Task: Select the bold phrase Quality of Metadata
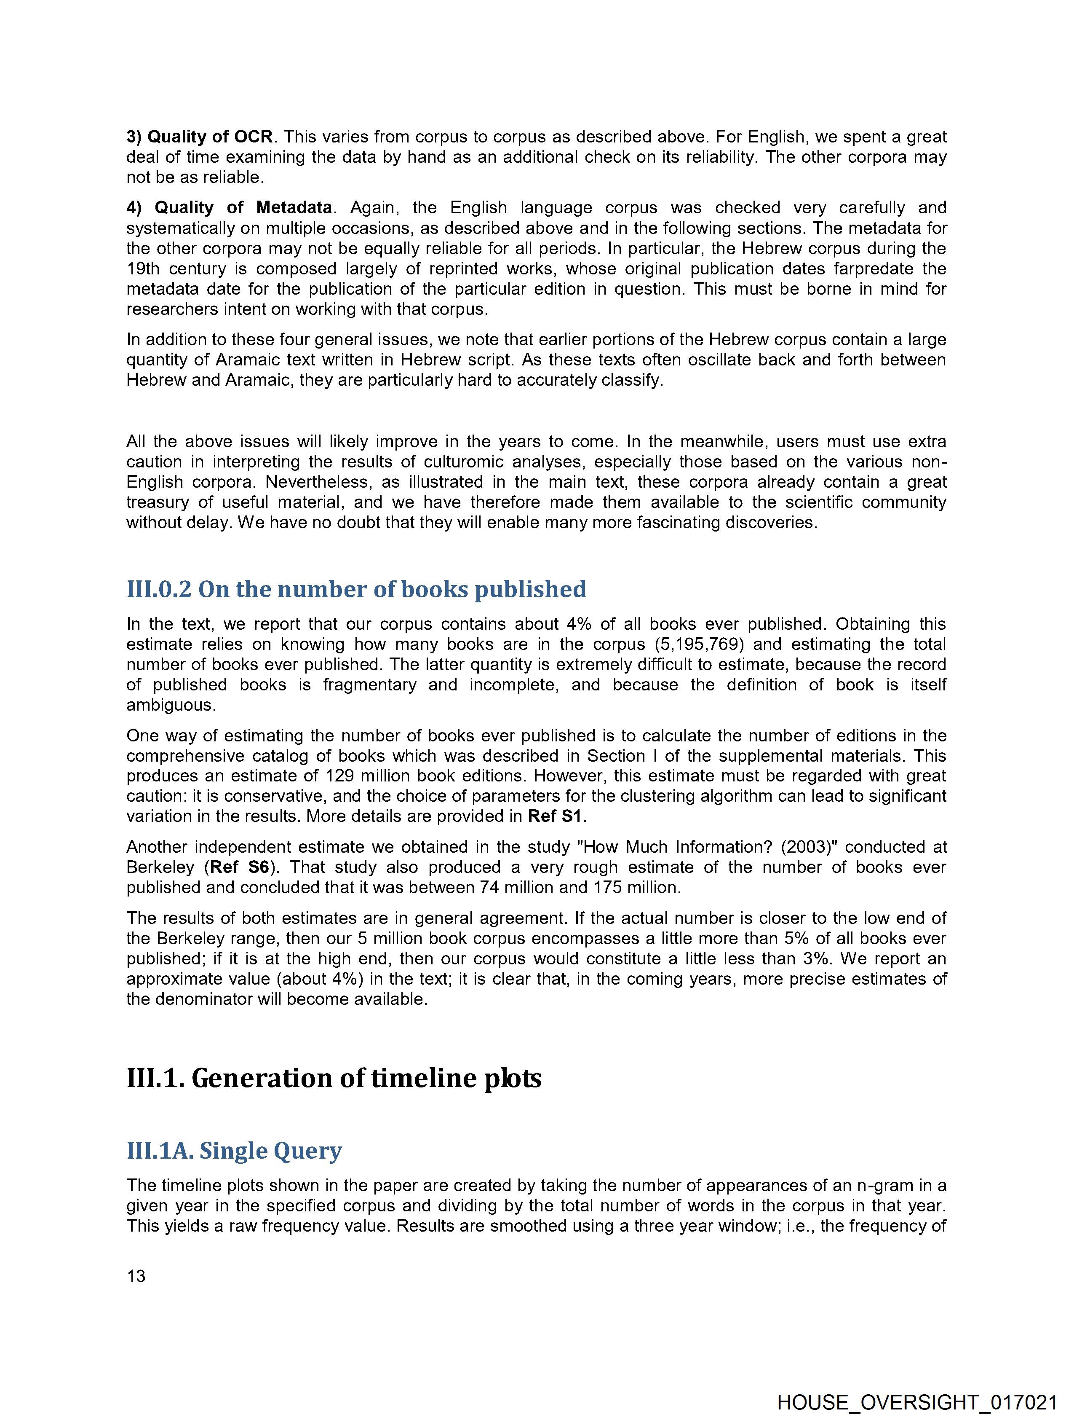[243, 207]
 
